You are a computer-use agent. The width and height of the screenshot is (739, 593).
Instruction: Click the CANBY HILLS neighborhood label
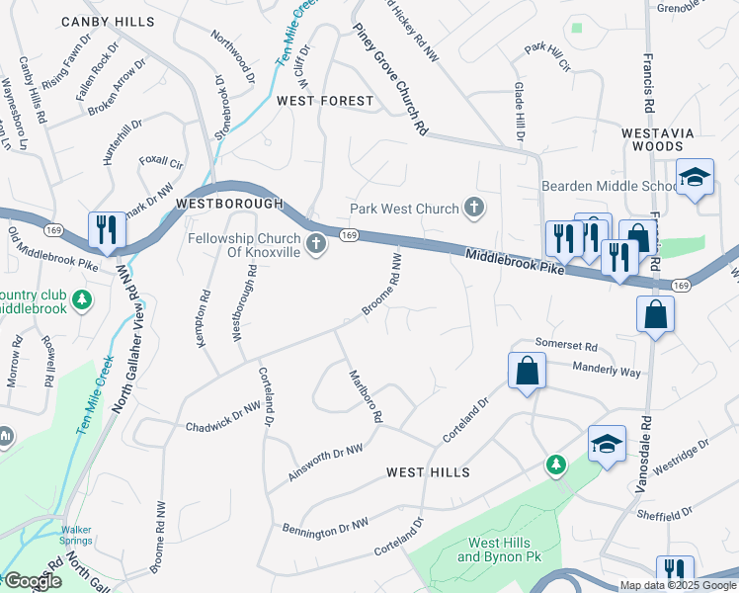pyautogui.click(x=107, y=21)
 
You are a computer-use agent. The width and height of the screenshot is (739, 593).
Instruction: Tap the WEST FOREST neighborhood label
pyautogui.click(x=325, y=101)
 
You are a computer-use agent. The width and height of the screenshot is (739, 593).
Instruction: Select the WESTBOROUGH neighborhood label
pyautogui.click(x=228, y=203)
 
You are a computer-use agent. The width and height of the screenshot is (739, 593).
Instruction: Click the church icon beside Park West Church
pyautogui.click(x=475, y=208)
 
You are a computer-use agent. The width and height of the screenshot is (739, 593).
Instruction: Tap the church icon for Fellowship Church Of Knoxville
pyautogui.click(x=316, y=243)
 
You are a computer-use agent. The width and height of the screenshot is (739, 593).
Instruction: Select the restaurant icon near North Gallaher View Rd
pyautogui.click(x=104, y=229)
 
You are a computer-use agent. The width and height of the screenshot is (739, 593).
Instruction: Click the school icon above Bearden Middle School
pyautogui.click(x=696, y=177)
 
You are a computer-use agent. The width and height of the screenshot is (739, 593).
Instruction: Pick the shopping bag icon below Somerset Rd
pyautogui.click(x=528, y=371)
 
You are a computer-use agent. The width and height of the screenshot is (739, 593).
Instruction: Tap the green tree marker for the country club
pyautogui.click(x=84, y=297)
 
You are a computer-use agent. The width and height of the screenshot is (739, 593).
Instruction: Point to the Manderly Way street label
pyautogui.click(x=607, y=369)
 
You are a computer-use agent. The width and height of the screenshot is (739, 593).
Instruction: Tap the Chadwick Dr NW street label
pyautogui.click(x=223, y=426)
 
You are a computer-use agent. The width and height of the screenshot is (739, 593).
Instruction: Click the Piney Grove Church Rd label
pyautogui.click(x=391, y=79)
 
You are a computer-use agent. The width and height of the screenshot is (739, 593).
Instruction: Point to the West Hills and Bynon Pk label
pyautogui.click(x=499, y=550)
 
